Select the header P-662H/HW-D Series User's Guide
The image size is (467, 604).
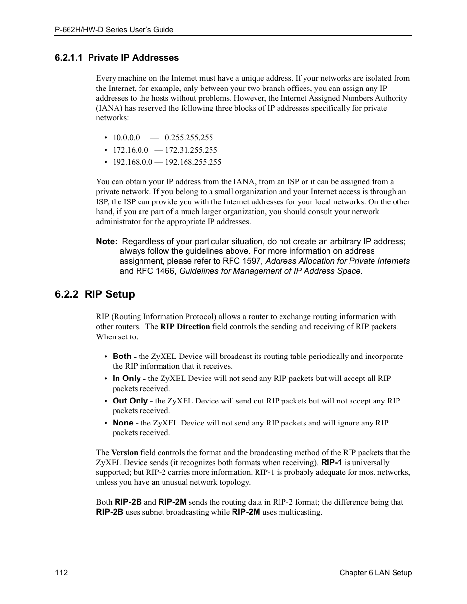(x=114, y=30)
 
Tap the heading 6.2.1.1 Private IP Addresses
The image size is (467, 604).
(x=117, y=58)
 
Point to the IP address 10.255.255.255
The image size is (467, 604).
(x=187, y=138)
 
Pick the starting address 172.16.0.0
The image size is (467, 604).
(x=130, y=150)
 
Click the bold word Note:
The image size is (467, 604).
(x=106, y=242)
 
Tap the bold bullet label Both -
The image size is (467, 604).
(x=124, y=357)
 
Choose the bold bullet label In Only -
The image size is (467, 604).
(x=129, y=379)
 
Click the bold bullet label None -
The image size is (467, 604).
(x=125, y=423)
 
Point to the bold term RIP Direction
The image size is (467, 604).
(x=185, y=327)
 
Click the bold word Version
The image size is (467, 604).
(x=124, y=453)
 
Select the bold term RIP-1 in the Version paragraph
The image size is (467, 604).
(x=331, y=463)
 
